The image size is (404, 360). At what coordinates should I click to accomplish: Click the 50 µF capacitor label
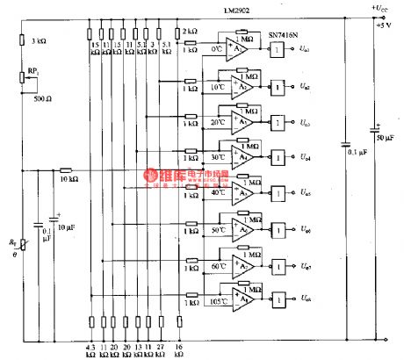384,139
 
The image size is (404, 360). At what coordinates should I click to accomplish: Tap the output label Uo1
303,52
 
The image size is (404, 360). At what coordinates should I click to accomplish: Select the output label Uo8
303,301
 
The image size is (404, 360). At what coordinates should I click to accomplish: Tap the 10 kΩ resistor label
67,179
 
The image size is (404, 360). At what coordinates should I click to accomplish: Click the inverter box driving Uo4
277,158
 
